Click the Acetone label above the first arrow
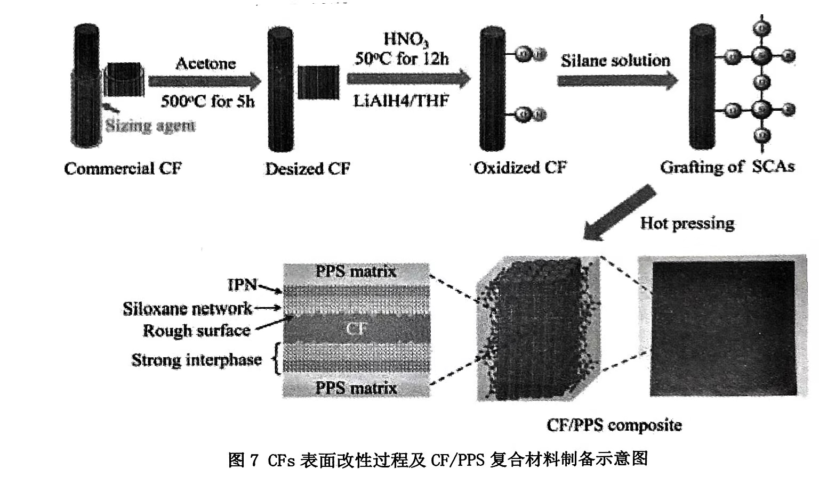[206, 64]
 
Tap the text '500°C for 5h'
[208, 101]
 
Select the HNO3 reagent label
[406, 39]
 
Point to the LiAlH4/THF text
[401, 101]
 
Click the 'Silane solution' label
[615, 61]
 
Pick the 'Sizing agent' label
[150, 126]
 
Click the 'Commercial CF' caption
[123, 169]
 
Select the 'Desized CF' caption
[308, 169]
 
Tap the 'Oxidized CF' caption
[520, 168]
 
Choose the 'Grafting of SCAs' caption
[727, 167]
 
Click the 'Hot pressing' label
[687, 223]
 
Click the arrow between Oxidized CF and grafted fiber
[617, 81]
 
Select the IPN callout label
[243, 285]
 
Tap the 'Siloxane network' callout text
[187, 308]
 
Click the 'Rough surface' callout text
[196, 331]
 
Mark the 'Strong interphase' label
[196, 360]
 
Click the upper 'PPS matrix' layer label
[356, 272]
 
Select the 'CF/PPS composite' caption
[614, 425]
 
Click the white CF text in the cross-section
[356, 328]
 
